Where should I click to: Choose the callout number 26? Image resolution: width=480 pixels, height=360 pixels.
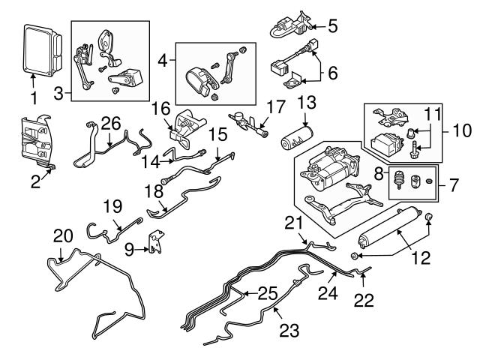pyautogui.click(x=111, y=122)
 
